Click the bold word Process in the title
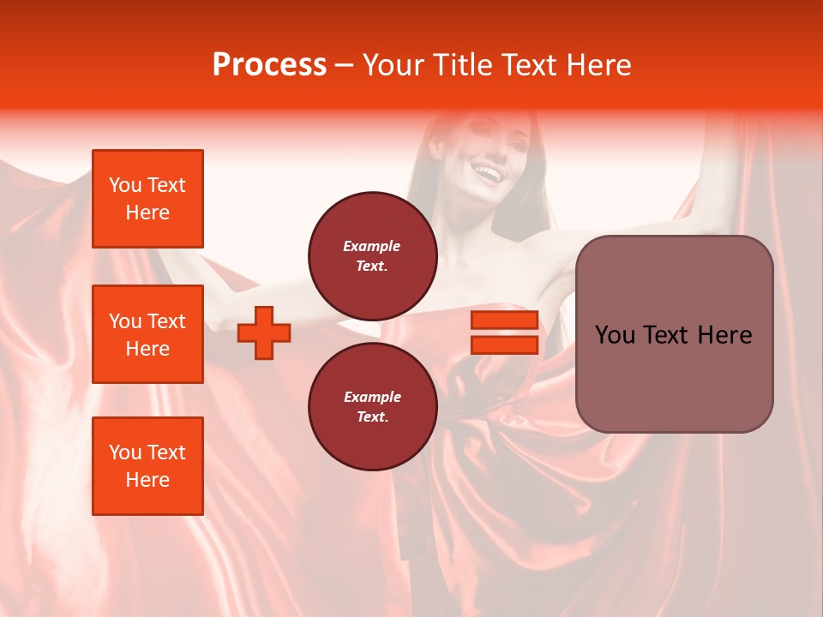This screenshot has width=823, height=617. coord(269,65)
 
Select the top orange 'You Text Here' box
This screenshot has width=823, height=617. coord(147,199)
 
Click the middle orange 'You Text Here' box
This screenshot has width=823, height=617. coord(147,334)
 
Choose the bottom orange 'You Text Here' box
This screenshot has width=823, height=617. coord(147,466)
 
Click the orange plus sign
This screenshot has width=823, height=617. coord(264,332)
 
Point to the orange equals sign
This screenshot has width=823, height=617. coord(504,332)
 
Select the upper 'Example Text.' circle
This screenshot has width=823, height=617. coord(372,255)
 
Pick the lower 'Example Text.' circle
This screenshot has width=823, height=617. coord(372,406)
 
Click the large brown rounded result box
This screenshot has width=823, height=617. coord(674,333)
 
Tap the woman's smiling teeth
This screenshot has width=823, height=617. coord(488,174)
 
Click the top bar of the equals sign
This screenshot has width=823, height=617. coord(504,320)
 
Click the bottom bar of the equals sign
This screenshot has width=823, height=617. coord(504,344)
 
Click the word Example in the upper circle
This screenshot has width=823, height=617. coord(372,246)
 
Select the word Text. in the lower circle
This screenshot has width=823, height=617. coord(372,417)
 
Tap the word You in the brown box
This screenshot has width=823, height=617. coord(615,335)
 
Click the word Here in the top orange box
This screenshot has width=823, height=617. coord(147,213)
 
